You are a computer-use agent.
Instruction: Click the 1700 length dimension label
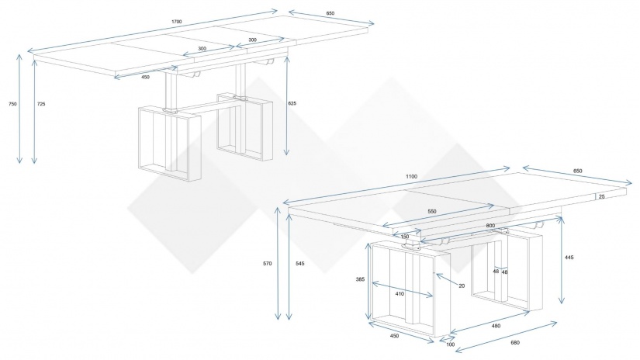point(177,22)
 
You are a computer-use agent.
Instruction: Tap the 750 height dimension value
point(12,104)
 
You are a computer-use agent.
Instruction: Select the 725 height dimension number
point(41,104)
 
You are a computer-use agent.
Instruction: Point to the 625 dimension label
point(292,104)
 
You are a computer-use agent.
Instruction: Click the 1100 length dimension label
point(411,177)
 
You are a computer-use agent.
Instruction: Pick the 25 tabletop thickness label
point(602,197)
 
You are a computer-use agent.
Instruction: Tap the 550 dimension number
point(432,212)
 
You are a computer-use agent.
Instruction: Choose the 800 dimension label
point(490,226)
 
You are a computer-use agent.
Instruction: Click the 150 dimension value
point(404,237)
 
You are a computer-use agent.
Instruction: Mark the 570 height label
point(268,264)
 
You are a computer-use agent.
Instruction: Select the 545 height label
point(300,264)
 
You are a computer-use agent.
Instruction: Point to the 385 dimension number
point(360,279)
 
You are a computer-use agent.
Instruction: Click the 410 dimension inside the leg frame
point(400,294)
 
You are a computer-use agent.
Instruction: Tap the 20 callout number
point(462,286)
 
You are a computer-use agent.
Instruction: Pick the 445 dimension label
point(569,258)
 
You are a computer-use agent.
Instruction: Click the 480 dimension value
point(496,326)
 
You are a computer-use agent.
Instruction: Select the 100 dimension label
point(450,345)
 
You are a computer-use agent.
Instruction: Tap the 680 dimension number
point(515,343)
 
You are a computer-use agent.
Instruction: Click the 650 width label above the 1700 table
point(330,13)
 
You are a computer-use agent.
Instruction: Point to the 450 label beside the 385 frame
point(394,336)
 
